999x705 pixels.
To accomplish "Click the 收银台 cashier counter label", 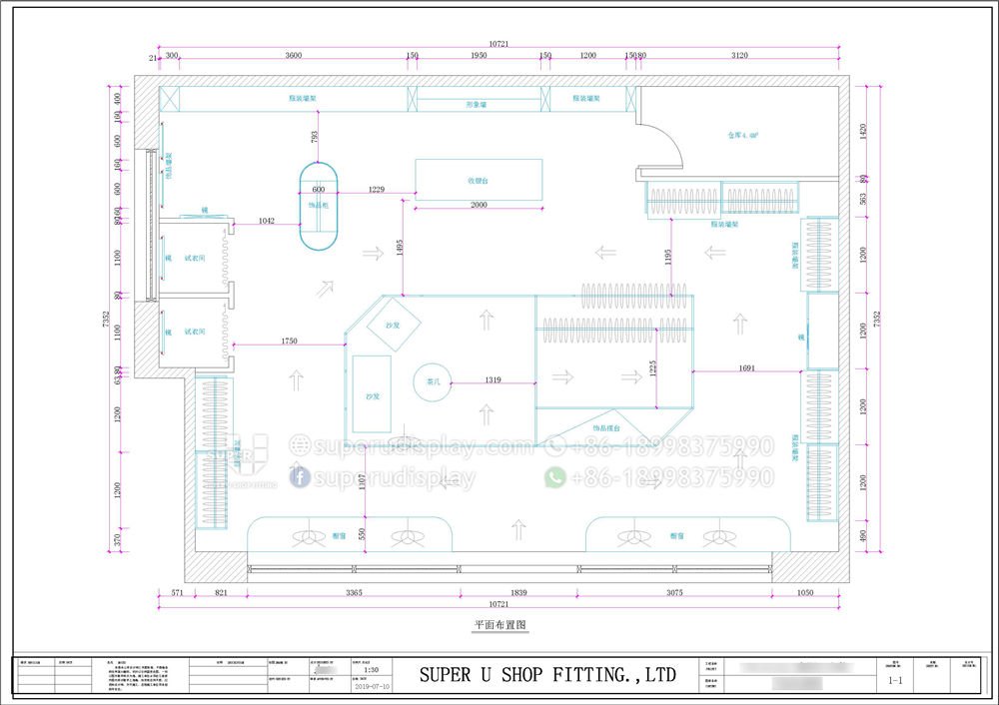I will [478, 181].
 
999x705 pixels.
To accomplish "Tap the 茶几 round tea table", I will [432, 381].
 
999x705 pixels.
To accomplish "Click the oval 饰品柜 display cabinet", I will [319, 207].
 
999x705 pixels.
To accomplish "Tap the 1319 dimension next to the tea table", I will [494, 379].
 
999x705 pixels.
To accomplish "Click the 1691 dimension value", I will [749, 368].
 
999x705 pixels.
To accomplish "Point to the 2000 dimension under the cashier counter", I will [479, 205].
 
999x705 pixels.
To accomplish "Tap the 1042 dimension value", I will [267, 221].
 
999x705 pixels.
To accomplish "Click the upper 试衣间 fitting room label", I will [195, 258].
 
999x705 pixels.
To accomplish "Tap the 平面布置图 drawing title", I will [499, 625].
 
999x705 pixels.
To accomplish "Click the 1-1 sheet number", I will [896, 684].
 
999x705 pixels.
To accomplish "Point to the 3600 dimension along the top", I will [293, 56].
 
